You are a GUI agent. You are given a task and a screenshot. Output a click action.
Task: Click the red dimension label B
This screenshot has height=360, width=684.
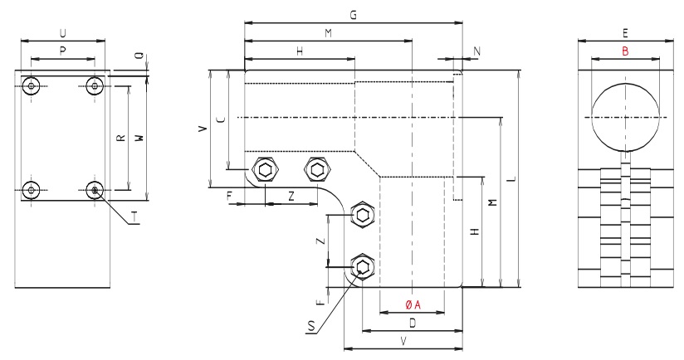click(625, 51)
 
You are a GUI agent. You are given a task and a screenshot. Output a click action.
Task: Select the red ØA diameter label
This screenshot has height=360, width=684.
click(413, 305)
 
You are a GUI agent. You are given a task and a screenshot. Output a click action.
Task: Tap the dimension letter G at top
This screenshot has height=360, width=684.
click(353, 16)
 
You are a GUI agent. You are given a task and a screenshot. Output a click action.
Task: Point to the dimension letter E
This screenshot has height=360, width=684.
click(624, 32)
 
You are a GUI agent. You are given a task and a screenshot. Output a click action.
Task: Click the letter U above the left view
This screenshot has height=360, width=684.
click(63, 32)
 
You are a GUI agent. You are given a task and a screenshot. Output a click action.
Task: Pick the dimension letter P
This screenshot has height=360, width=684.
click(63, 51)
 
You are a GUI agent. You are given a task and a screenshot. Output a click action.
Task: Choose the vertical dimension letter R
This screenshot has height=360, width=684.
click(121, 139)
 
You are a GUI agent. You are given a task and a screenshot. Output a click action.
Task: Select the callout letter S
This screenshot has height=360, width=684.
click(310, 328)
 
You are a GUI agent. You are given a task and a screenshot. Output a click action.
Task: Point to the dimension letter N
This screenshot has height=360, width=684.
click(476, 51)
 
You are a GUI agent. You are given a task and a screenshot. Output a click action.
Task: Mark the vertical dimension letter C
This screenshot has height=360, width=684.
click(219, 119)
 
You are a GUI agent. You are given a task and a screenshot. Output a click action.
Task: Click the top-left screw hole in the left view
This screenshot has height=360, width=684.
click(32, 86)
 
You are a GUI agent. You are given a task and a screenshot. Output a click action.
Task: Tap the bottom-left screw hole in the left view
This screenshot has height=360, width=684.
click(32, 190)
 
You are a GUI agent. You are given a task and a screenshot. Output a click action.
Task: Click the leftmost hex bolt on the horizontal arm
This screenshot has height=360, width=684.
click(265, 170)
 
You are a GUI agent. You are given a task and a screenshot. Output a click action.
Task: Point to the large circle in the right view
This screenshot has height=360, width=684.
click(626, 117)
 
